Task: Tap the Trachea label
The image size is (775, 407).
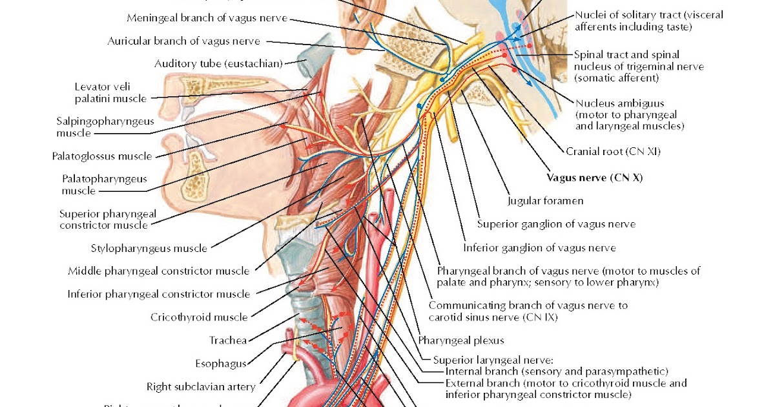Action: [228, 340]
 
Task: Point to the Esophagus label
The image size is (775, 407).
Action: [220, 363]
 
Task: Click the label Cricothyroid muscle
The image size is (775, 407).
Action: [199, 317]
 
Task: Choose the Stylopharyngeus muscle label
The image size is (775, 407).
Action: [149, 248]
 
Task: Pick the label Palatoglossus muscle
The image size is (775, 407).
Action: [102, 156]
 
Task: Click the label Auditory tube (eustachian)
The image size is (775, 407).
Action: [219, 63]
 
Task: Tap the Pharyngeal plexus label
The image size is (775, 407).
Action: [460, 340]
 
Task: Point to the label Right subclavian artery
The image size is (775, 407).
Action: [201, 387]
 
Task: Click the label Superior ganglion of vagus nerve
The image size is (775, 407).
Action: [556, 224]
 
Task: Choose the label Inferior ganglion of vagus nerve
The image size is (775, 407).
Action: [539, 247]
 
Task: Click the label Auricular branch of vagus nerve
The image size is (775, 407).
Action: [183, 41]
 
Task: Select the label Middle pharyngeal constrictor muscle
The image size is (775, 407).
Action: [159, 271]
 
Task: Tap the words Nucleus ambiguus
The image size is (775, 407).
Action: [610, 103]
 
